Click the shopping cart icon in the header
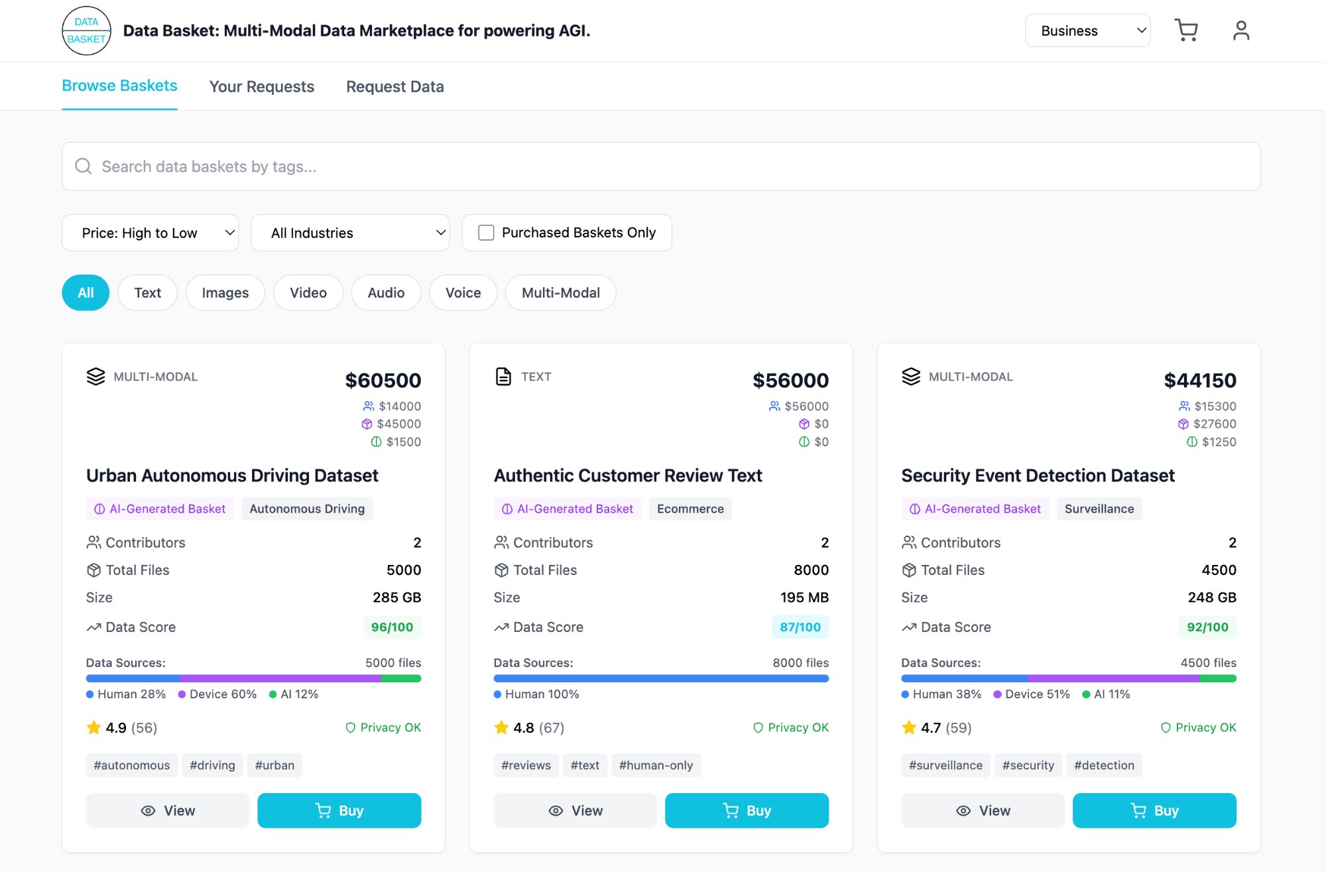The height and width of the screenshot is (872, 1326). click(x=1185, y=31)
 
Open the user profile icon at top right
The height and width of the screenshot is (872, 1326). click(x=1240, y=31)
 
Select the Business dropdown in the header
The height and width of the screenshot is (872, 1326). click(x=1087, y=31)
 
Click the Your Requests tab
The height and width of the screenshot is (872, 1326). click(x=261, y=87)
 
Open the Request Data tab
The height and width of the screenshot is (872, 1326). click(x=394, y=87)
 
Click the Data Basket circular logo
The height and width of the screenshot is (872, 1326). click(x=86, y=31)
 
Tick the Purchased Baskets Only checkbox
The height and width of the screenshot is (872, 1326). click(x=486, y=233)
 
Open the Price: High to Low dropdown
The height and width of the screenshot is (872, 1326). click(x=150, y=233)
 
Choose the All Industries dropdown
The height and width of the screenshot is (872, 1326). click(x=349, y=233)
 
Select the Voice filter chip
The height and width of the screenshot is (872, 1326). click(x=463, y=292)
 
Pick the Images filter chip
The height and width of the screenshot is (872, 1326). click(x=225, y=292)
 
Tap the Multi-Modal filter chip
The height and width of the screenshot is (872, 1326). click(x=560, y=292)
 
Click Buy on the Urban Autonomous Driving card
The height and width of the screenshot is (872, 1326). click(x=339, y=810)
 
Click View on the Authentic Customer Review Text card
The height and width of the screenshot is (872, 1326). click(x=575, y=810)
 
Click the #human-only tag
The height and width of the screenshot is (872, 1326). click(x=655, y=765)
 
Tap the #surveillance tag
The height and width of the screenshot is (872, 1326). click(x=945, y=765)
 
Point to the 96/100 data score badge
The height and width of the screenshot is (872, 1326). click(x=392, y=627)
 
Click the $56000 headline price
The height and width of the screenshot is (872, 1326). click(x=790, y=381)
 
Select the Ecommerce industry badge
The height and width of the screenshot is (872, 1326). click(x=690, y=509)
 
